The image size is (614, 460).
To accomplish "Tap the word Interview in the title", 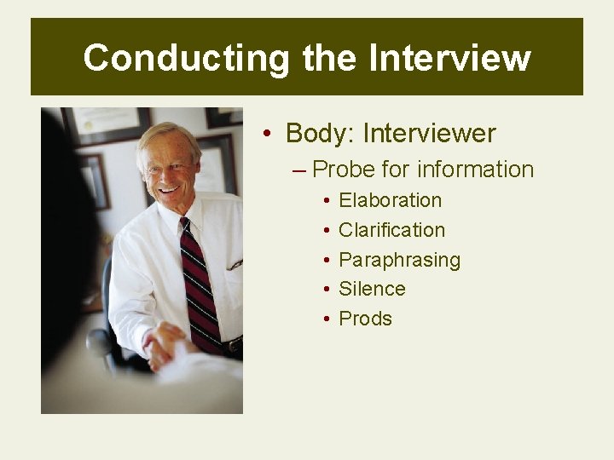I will coord(449,58).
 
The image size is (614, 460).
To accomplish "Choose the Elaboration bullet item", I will coord(390,200).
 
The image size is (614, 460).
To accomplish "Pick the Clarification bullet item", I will coord(391,230).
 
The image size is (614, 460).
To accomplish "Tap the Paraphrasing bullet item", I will coord(399,260).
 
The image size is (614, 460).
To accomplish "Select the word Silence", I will coord(372,289).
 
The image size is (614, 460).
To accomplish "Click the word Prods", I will coord(365,319).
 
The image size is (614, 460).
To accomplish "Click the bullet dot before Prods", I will coord(327,319).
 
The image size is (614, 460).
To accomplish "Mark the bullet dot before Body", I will coord(268,135).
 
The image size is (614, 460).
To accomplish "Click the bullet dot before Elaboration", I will coord(327,201).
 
